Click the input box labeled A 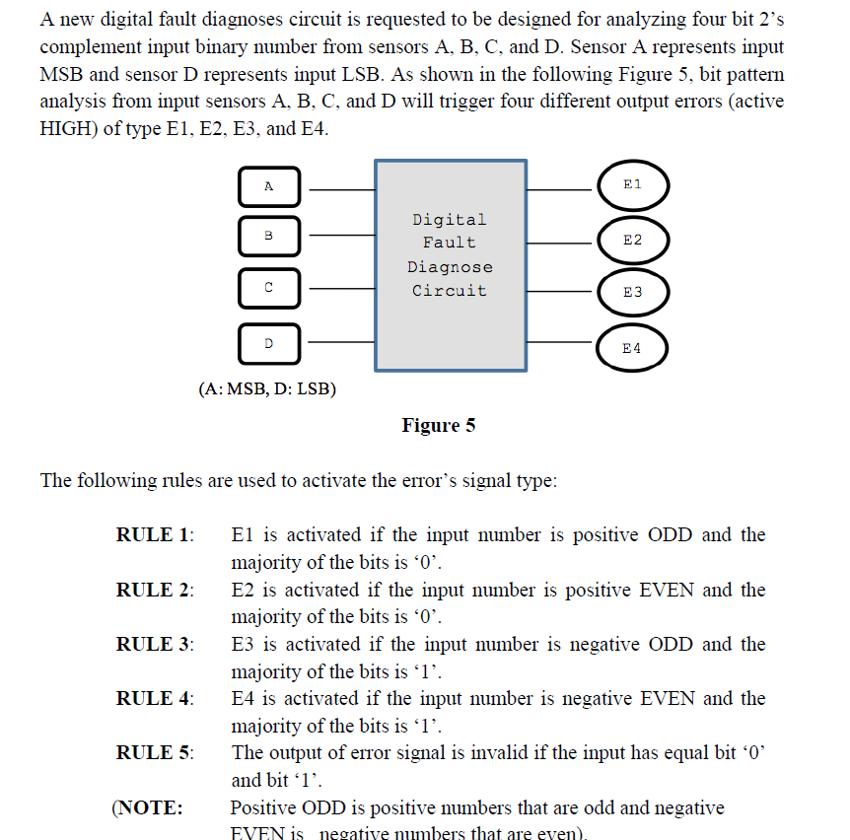268,186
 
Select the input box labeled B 268,236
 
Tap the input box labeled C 268,288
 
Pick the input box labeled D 268,342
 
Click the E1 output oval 633,185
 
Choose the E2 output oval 633,240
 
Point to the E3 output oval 633,292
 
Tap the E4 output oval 633,347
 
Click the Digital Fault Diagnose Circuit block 450,266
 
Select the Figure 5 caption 439,426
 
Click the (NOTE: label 147,808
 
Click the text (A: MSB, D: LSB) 267,389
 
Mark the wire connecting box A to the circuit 337,187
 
